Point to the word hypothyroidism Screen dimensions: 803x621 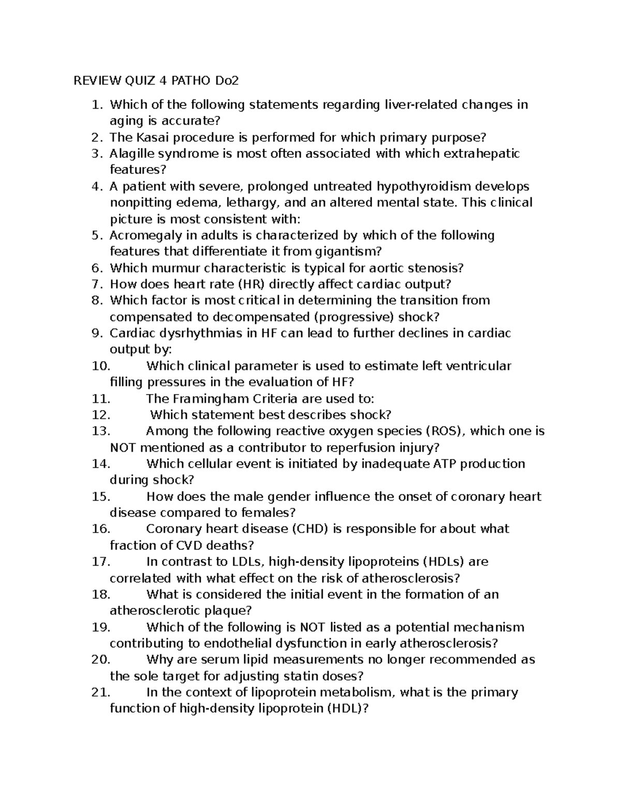[425, 186]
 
